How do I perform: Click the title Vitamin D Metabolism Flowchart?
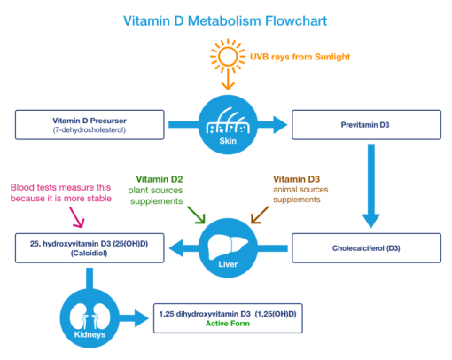tap(226, 20)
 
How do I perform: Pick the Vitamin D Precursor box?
tap(90, 124)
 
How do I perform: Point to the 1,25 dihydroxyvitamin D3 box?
tap(230, 317)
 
